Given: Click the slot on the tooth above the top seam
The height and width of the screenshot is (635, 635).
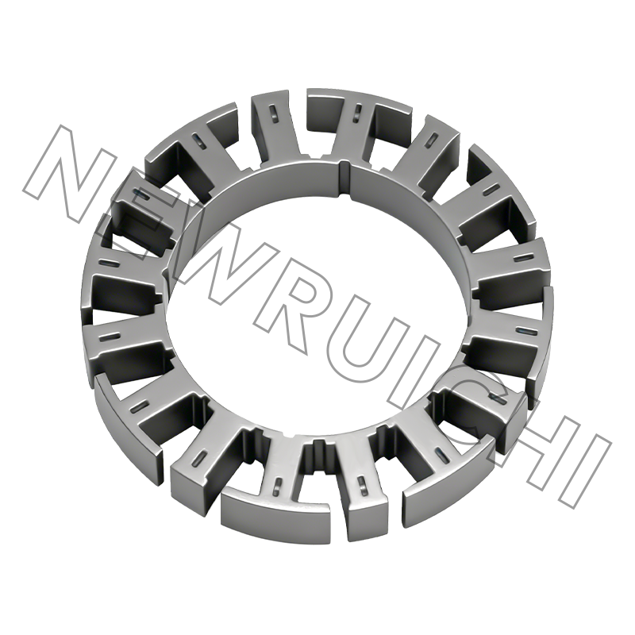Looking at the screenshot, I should [359, 110].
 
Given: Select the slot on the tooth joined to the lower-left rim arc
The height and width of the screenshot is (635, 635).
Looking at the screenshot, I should [140, 406].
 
